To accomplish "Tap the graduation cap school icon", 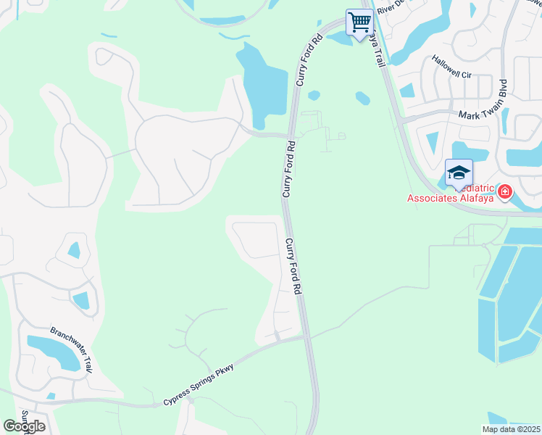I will click(x=459, y=173).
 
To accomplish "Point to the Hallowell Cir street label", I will click(x=451, y=65).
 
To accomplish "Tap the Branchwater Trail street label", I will click(x=72, y=350).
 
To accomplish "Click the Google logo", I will click(x=25, y=426).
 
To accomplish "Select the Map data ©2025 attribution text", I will click(x=511, y=429).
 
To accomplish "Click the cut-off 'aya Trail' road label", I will click(x=377, y=51).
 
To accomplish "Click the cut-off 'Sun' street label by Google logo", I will click(x=24, y=416).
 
